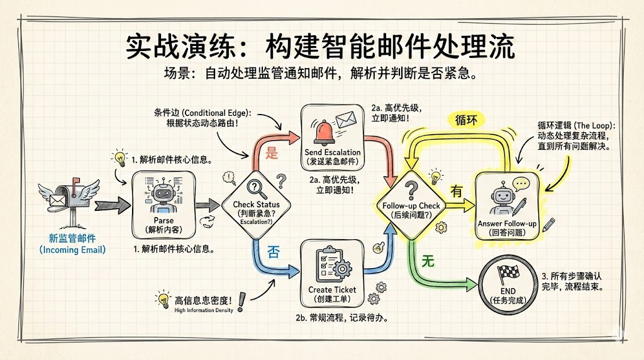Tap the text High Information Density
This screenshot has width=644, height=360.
pyautogui.click(x=204, y=310)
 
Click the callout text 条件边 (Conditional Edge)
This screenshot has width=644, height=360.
pyautogui.click(x=203, y=113)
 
